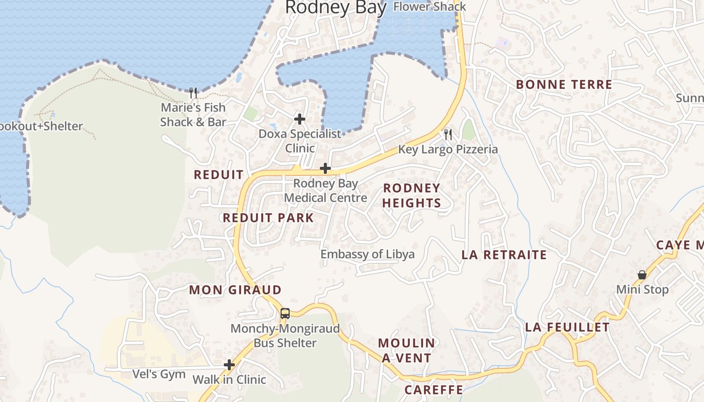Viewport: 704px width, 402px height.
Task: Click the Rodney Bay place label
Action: [x=336, y=8]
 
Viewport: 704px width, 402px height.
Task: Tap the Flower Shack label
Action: [x=429, y=7]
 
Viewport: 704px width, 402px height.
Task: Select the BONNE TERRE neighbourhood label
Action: [x=564, y=84]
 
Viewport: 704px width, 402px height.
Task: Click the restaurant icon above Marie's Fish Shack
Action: [x=193, y=92]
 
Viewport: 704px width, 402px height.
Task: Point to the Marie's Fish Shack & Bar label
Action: [x=193, y=115]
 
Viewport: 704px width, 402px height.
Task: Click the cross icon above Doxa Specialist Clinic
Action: [x=300, y=119]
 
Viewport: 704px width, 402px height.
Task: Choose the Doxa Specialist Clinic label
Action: [x=300, y=141]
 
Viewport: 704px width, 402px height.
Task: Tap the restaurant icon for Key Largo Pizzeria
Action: [x=448, y=134]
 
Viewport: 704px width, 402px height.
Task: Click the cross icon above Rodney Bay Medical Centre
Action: [x=325, y=168]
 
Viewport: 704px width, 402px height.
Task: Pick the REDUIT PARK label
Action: [x=269, y=218]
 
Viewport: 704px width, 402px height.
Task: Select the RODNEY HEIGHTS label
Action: [x=412, y=195]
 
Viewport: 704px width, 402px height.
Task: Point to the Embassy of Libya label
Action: [x=368, y=254]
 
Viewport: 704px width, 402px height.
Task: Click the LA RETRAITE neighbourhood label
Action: [x=504, y=255]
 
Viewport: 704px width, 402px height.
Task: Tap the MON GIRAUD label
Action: [x=235, y=290]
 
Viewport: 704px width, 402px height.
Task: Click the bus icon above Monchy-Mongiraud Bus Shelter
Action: [x=285, y=314]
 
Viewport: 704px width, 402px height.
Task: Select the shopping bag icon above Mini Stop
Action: [x=642, y=275]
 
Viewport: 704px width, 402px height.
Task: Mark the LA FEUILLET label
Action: [x=567, y=328]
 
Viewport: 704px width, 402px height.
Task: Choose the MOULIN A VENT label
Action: [x=406, y=350]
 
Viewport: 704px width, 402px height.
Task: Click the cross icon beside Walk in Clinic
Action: [x=229, y=365]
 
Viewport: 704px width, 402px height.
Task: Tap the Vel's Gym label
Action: [x=159, y=374]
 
